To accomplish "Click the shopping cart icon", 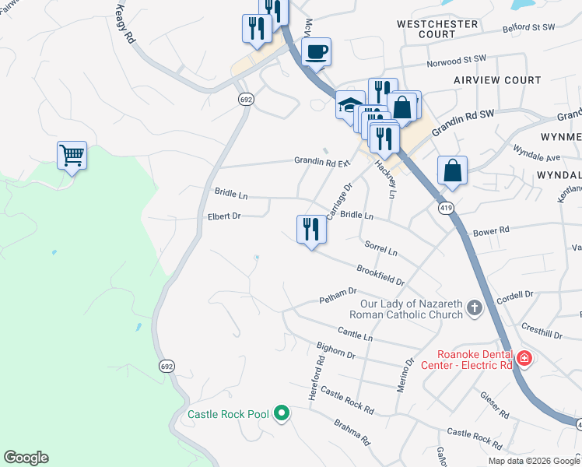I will point(72,155).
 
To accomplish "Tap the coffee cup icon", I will point(316,52).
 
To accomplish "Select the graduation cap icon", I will point(350,104).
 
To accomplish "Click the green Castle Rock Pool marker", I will point(282,414).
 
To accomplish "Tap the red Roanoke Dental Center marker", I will point(524,358).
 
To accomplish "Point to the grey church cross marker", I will point(474,309).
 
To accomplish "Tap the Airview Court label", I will point(498,80).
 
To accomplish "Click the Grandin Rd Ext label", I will point(323,162).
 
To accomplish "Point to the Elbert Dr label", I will point(224,216).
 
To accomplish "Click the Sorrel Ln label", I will point(382,249).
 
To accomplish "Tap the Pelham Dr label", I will point(337,300).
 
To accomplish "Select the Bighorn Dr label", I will point(336,350).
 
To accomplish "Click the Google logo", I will point(26,458).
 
